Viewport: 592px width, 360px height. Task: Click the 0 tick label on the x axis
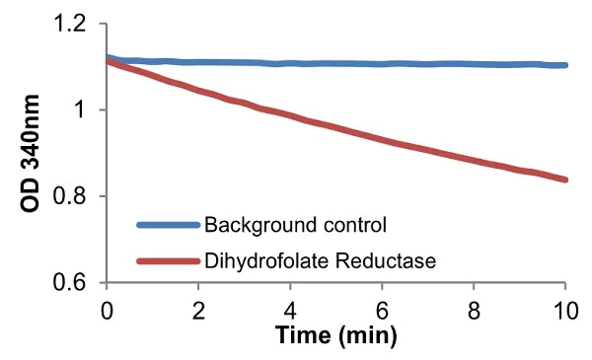coord(108,308)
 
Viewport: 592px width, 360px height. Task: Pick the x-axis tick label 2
coord(199,308)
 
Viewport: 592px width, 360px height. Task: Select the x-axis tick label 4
coord(290,308)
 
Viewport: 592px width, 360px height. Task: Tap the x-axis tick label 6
coord(382,308)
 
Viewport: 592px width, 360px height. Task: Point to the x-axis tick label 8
coord(474,308)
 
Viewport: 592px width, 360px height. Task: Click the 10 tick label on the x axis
coord(564,308)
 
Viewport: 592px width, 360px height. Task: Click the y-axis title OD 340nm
coord(32,153)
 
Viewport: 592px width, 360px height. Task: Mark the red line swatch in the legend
coord(167,261)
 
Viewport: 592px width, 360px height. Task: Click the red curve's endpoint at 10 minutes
coord(564,180)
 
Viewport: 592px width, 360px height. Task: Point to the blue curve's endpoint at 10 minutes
coord(564,65)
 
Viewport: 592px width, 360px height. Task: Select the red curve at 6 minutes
coord(382,139)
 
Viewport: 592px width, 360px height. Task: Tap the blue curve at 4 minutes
coord(290,64)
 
